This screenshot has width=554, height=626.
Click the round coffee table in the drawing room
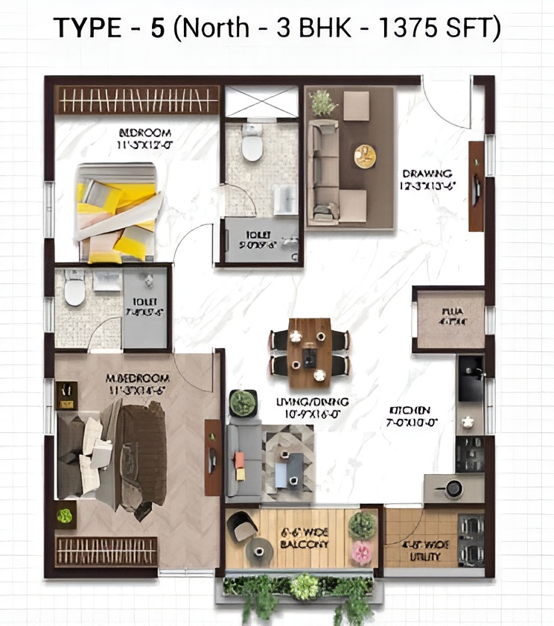point(365,155)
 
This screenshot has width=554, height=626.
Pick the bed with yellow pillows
point(118,213)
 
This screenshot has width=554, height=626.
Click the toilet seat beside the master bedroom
point(74,289)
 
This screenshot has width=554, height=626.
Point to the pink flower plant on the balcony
point(361,553)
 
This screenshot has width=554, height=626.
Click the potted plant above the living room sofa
point(242,403)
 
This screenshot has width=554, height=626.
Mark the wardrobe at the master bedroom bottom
point(106,551)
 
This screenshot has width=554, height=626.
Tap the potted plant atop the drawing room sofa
point(322,102)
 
